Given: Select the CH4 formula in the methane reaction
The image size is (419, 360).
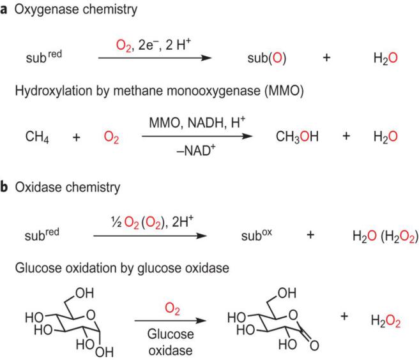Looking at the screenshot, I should (x=35, y=137).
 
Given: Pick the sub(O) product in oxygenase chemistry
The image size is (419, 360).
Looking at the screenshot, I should (x=266, y=58).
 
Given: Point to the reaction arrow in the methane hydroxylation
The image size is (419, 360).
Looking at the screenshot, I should (x=197, y=137).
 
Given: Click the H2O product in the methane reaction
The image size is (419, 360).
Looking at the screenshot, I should (x=386, y=137).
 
